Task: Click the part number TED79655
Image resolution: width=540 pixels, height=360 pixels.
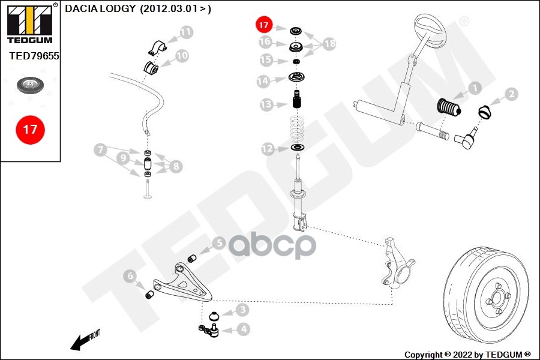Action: [x=34, y=56]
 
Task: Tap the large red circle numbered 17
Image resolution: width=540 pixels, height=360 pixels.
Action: [x=31, y=130]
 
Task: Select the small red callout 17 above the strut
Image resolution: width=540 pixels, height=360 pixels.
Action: [x=264, y=25]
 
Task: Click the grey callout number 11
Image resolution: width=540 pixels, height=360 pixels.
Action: [x=186, y=32]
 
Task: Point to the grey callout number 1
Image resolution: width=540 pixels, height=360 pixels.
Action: [x=475, y=88]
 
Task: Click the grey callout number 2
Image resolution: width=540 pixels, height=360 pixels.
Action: [x=511, y=94]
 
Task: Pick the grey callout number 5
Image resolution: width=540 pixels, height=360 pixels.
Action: [x=219, y=243]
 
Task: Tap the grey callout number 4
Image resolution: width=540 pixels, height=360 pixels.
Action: [x=244, y=329]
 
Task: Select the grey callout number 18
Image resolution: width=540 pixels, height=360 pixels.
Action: [x=329, y=44]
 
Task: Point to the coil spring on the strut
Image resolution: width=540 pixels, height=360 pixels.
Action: [x=297, y=129]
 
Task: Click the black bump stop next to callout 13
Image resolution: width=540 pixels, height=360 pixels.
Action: [x=297, y=99]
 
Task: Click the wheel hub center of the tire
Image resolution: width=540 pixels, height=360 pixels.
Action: [x=497, y=298]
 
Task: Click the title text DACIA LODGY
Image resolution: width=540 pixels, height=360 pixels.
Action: [x=100, y=8]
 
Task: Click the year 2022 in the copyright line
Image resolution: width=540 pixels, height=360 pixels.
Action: [x=463, y=355]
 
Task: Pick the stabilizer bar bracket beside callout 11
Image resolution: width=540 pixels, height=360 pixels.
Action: [x=158, y=47]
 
